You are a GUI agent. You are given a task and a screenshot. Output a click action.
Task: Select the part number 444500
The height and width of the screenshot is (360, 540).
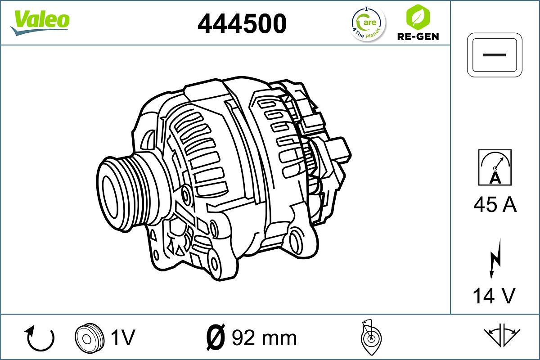point(242,23)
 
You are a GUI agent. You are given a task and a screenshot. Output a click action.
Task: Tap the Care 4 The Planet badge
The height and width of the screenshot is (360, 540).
point(368,24)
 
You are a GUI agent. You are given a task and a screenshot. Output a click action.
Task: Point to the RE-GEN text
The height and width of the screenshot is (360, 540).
point(418,36)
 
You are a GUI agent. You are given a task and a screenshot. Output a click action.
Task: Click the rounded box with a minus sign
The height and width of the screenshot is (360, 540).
point(494,55)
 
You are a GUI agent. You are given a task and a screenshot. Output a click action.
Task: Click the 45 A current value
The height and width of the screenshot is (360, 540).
point(495,205)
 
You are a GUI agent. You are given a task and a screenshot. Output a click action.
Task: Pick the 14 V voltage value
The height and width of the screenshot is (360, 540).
point(494,296)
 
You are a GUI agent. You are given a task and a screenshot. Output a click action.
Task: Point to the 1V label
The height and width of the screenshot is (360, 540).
point(122,337)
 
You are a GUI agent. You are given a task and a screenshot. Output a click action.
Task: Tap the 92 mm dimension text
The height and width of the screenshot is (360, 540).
point(264,337)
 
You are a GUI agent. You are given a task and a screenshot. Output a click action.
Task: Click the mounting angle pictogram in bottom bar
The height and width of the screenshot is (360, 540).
point(371,337)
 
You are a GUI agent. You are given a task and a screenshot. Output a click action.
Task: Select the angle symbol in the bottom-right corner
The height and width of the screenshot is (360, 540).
point(502,336)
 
